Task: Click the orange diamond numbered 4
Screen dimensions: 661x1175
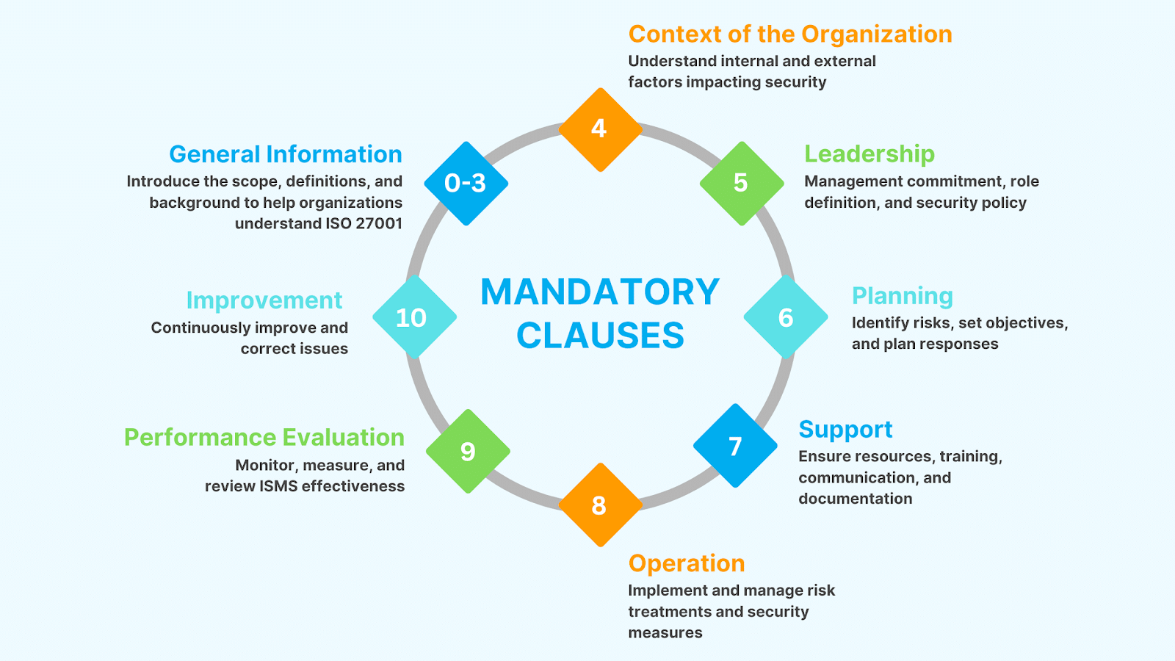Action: pos(600,130)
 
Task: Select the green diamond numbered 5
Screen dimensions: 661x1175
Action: pos(741,184)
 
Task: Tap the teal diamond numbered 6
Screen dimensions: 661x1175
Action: pos(785,317)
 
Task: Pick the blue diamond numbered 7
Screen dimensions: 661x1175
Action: pos(735,446)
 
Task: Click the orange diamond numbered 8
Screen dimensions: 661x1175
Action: pos(600,505)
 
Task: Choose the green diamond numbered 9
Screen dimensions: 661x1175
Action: pos(468,451)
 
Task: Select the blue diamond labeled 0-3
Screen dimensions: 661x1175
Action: pos(466,184)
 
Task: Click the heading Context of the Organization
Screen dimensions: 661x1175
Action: pos(790,35)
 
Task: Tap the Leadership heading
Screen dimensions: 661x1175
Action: pos(869,154)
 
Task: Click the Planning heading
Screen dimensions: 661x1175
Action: pos(903,296)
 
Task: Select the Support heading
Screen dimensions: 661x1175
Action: pos(845,430)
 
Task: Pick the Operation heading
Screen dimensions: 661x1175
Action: pos(687,563)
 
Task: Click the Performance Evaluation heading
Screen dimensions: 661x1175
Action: pos(264,438)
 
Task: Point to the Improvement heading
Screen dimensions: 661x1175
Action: pos(264,300)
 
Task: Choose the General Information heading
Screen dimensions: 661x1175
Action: pos(286,154)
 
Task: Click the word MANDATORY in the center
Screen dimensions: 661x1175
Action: pos(600,292)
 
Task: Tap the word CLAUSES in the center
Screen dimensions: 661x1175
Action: pos(600,336)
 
